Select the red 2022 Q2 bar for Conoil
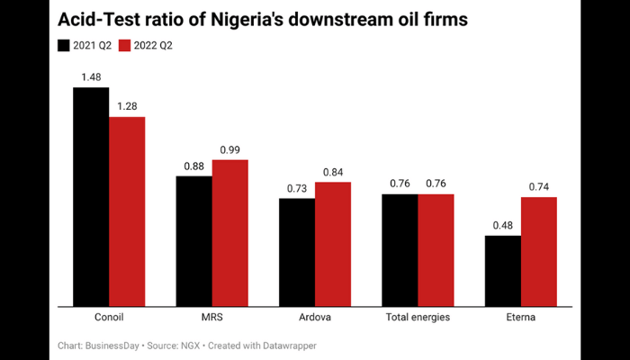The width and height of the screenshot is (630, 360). pyautogui.click(x=127, y=211)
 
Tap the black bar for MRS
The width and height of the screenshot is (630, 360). pyautogui.click(x=193, y=240)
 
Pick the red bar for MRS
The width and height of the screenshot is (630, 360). pyautogui.click(x=229, y=233)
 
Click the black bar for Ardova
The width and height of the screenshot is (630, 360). pyautogui.click(x=296, y=252)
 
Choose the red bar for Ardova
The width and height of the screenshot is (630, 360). pyautogui.click(x=332, y=244)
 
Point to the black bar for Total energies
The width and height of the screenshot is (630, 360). pyautogui.click(x=400, y=249)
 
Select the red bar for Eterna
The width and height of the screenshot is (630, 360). pyautogui.click(x=538, y=251)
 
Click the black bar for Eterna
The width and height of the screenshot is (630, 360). pyautogui.click(x=502, y=270)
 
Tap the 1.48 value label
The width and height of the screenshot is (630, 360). pyautogui.click(x=91, y=77)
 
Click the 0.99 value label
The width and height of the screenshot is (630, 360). pyautogui.click(x=229, y=149)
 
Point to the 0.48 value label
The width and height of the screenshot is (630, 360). pyautogui.click(x=502, y=225)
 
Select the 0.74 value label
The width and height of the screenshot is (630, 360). pyautogui.click(x=538, y=186)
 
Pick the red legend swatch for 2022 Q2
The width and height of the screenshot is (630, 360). pyautogui.click(x=125, y=45)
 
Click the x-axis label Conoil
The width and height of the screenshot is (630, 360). pyautogui.click(x=109, y=318)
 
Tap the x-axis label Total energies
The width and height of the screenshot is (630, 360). pyautogui.click(x=418, y=318)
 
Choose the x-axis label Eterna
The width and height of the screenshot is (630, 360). pyautogui.click(x=520, y=318)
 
